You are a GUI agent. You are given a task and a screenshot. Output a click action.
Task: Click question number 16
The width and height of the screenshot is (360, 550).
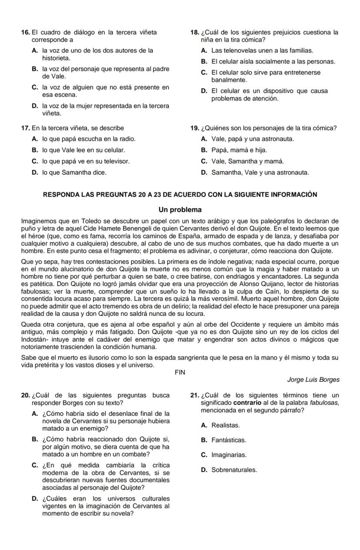[x=25, y=32]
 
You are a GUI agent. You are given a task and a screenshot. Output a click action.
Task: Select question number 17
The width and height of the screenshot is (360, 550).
[x=25, y=128]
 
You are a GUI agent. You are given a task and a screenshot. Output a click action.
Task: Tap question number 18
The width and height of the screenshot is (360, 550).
[x=195, y=32]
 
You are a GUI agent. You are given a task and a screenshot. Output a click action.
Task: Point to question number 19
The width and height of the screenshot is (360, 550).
[x=195, y=128]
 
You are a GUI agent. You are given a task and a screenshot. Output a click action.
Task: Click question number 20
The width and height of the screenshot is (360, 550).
[x=26, y=395]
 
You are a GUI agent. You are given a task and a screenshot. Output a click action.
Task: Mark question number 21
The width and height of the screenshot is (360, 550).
[x=195, y=395]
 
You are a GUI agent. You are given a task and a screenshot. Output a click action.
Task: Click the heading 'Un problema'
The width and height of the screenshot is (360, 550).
[x=180, y=209]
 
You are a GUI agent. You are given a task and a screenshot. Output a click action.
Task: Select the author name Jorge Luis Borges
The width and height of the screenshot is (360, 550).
[x=313, y=379]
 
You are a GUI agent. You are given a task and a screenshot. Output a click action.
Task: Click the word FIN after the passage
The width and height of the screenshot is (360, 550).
[x=180, y=372]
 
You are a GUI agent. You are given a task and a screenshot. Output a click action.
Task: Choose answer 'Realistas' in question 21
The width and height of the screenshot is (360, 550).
[x=225, y=425]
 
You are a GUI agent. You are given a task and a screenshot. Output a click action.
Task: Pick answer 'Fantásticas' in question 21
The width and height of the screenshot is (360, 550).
[x=229, y=440]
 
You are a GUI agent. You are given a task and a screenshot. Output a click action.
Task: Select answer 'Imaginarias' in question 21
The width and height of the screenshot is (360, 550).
[x=229, y=455]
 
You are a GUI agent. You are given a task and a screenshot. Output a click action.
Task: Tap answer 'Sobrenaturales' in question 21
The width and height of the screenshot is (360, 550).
[x=234, y=470]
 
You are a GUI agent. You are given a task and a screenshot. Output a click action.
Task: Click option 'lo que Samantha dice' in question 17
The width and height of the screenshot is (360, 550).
[x=74, y=172]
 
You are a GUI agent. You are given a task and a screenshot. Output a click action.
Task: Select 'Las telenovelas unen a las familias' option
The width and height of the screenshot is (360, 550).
[x=262, y=51]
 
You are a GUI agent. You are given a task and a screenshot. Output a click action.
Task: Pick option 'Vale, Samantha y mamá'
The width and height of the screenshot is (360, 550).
[x=247, y=161]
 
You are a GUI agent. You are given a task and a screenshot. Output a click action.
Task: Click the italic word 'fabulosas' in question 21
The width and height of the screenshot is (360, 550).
[x=325, y=403]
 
